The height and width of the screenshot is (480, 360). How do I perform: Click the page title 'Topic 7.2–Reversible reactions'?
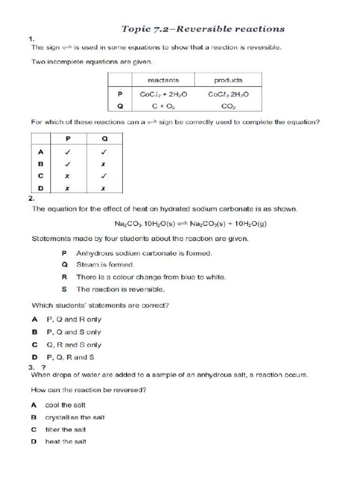(203, 29)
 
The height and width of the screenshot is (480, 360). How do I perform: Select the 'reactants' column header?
(163, 80)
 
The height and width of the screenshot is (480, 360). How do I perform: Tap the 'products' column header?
(228, 80)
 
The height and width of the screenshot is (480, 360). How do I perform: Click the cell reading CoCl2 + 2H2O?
(163, 94)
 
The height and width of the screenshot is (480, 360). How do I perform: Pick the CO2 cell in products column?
(228, 106)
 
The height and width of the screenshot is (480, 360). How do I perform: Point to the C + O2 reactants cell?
(163, 106)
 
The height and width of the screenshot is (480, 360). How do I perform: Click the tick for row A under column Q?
(104, 152)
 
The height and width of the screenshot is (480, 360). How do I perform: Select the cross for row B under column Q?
(104, 164)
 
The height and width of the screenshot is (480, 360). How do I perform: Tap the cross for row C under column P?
(67, 176)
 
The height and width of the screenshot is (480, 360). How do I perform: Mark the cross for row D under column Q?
(104, 188)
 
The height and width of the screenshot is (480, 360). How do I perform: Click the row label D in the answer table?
(40, 188)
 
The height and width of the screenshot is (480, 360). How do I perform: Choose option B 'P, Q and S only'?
(74, 332)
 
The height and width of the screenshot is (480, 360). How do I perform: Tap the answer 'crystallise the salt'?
(75, 417)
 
